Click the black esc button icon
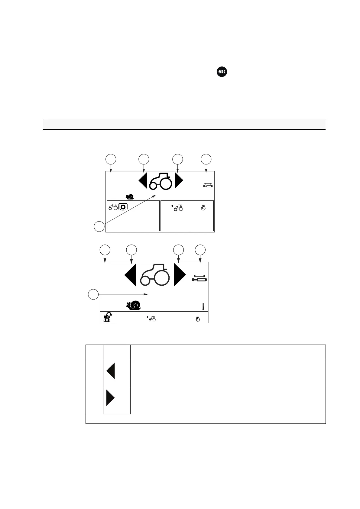[x=222, y=72]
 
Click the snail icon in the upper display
[x=130, y=197]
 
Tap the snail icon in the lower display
[x=134, y=305]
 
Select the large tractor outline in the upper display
[x=161, y=181]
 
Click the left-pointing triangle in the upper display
[x=143, y=181]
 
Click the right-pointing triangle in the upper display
[x=179, y=181]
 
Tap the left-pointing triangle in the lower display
[x=131, y=275]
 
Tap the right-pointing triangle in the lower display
[x=180, y=275]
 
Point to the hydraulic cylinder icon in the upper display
[x=208, y=185]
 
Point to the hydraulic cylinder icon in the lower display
[x=199, y=278]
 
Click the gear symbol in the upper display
[x=123, y=207]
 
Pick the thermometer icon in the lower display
[x=203, y=306]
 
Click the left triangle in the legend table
[x=111, y=371]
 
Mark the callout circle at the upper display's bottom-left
[x=99, y=226]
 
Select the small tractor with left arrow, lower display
[x=151, y=318]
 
